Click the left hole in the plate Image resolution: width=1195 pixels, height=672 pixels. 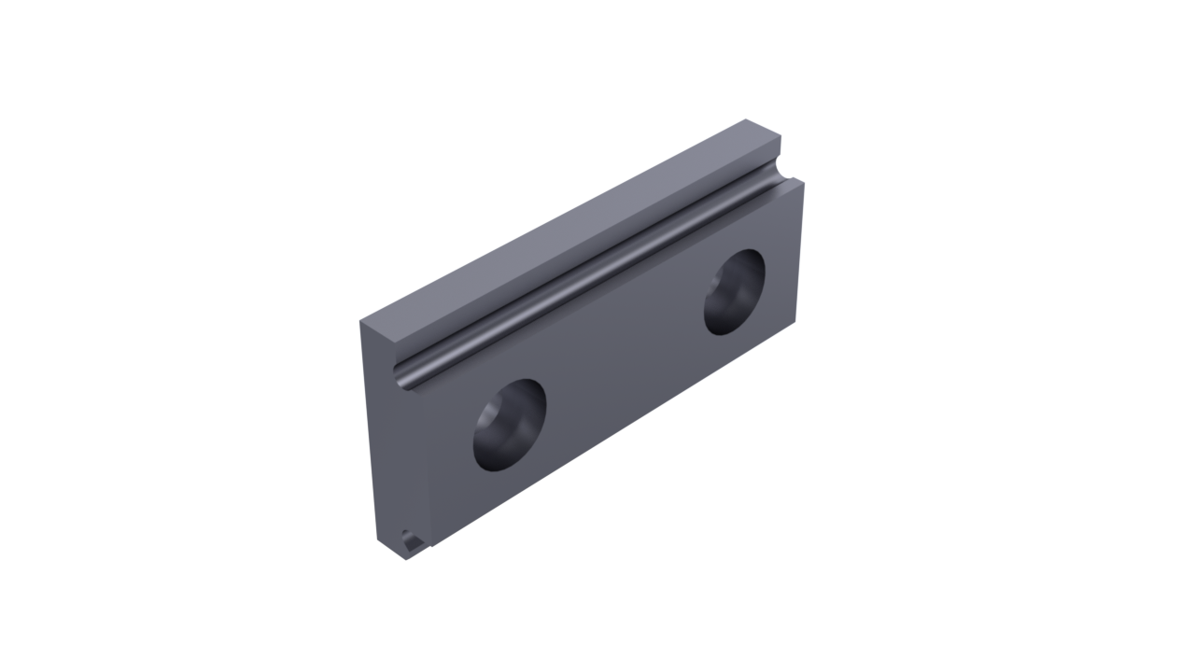pyautogui.click(x=509, y=425)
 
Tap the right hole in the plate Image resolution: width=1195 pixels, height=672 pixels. pyautogui.click(x=734, y=291)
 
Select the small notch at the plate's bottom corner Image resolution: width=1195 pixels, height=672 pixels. pyautogui.click(x=411, y=539)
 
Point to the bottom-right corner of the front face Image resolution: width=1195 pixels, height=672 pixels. pyautogui.click(x=799, y=318)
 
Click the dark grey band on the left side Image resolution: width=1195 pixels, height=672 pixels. pyautogui.click(x=89, y=336)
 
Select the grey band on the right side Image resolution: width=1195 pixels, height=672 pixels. pyautogui.click(x=1106, y=336)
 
